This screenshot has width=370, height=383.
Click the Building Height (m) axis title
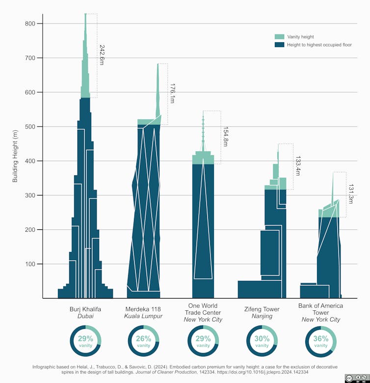point(15,156)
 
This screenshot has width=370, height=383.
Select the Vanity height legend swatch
point(279,37)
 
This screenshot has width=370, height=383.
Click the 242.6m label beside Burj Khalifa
point(102,55)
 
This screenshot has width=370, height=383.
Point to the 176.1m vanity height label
point(173,93)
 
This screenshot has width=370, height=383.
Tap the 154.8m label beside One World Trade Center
point(226,137)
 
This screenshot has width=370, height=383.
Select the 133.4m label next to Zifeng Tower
point(298,166)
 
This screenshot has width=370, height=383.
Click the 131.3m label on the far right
point(351,195)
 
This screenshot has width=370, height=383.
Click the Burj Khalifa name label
point(85,309)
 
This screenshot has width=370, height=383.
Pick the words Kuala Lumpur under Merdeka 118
point(143,316)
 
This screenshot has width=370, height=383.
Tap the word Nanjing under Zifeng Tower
point(262,316)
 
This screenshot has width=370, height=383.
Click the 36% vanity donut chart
point(321,341)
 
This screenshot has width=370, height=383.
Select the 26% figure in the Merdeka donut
point(143,338)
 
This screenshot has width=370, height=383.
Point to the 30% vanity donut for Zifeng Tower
point(262,341)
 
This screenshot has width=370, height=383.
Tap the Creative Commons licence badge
point(355,378)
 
